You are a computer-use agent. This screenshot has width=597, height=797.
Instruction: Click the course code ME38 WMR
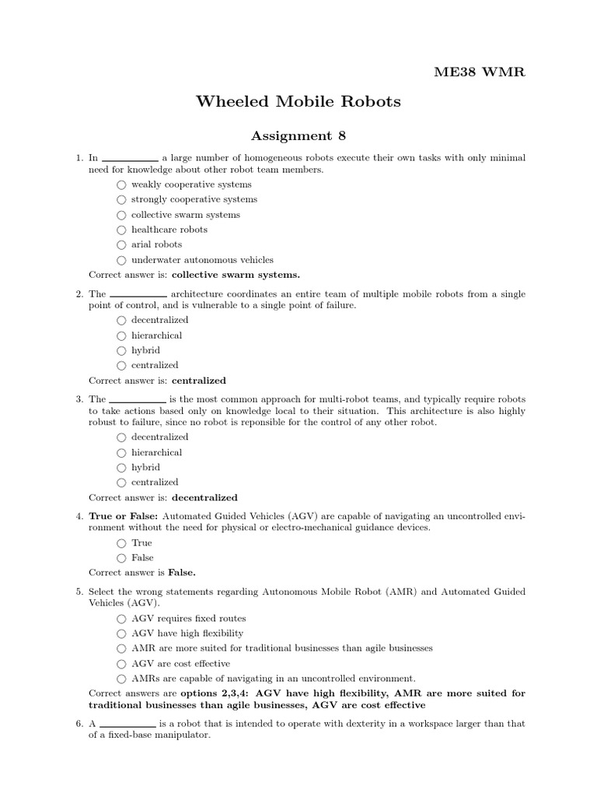[x=479, y=72]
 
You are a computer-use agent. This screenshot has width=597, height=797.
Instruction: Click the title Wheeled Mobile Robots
[x=298, y=101]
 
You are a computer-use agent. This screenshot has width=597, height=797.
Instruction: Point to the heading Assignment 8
[x=298, y=136]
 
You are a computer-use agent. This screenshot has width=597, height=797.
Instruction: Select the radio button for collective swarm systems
[x=120, y=215]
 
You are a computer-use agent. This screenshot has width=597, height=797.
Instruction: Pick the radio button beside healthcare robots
[x=120, y=230]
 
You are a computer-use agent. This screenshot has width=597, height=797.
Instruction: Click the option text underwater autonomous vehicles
[x=202, y=260]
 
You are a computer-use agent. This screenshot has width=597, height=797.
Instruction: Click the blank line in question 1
[x=130, y=159]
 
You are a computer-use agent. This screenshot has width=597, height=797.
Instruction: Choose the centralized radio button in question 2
[x=120, y=366]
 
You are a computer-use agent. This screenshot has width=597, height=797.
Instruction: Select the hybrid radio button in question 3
[x=120, y=468]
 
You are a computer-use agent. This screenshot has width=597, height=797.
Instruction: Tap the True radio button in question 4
[x=120, y=543]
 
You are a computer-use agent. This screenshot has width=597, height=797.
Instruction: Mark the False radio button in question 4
[x=120, y=558]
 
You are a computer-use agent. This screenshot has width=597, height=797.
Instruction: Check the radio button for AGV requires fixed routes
[x=120, y=619]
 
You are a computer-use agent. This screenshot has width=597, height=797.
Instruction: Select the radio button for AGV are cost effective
[x=120, y=664]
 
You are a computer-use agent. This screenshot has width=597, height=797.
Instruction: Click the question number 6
[x=79, y=724]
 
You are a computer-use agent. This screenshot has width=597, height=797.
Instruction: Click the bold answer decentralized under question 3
[x=204, y=497]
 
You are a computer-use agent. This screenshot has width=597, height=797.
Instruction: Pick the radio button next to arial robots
[x=120, y=245]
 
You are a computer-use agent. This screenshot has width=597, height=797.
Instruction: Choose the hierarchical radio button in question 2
[x=120, y=336]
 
